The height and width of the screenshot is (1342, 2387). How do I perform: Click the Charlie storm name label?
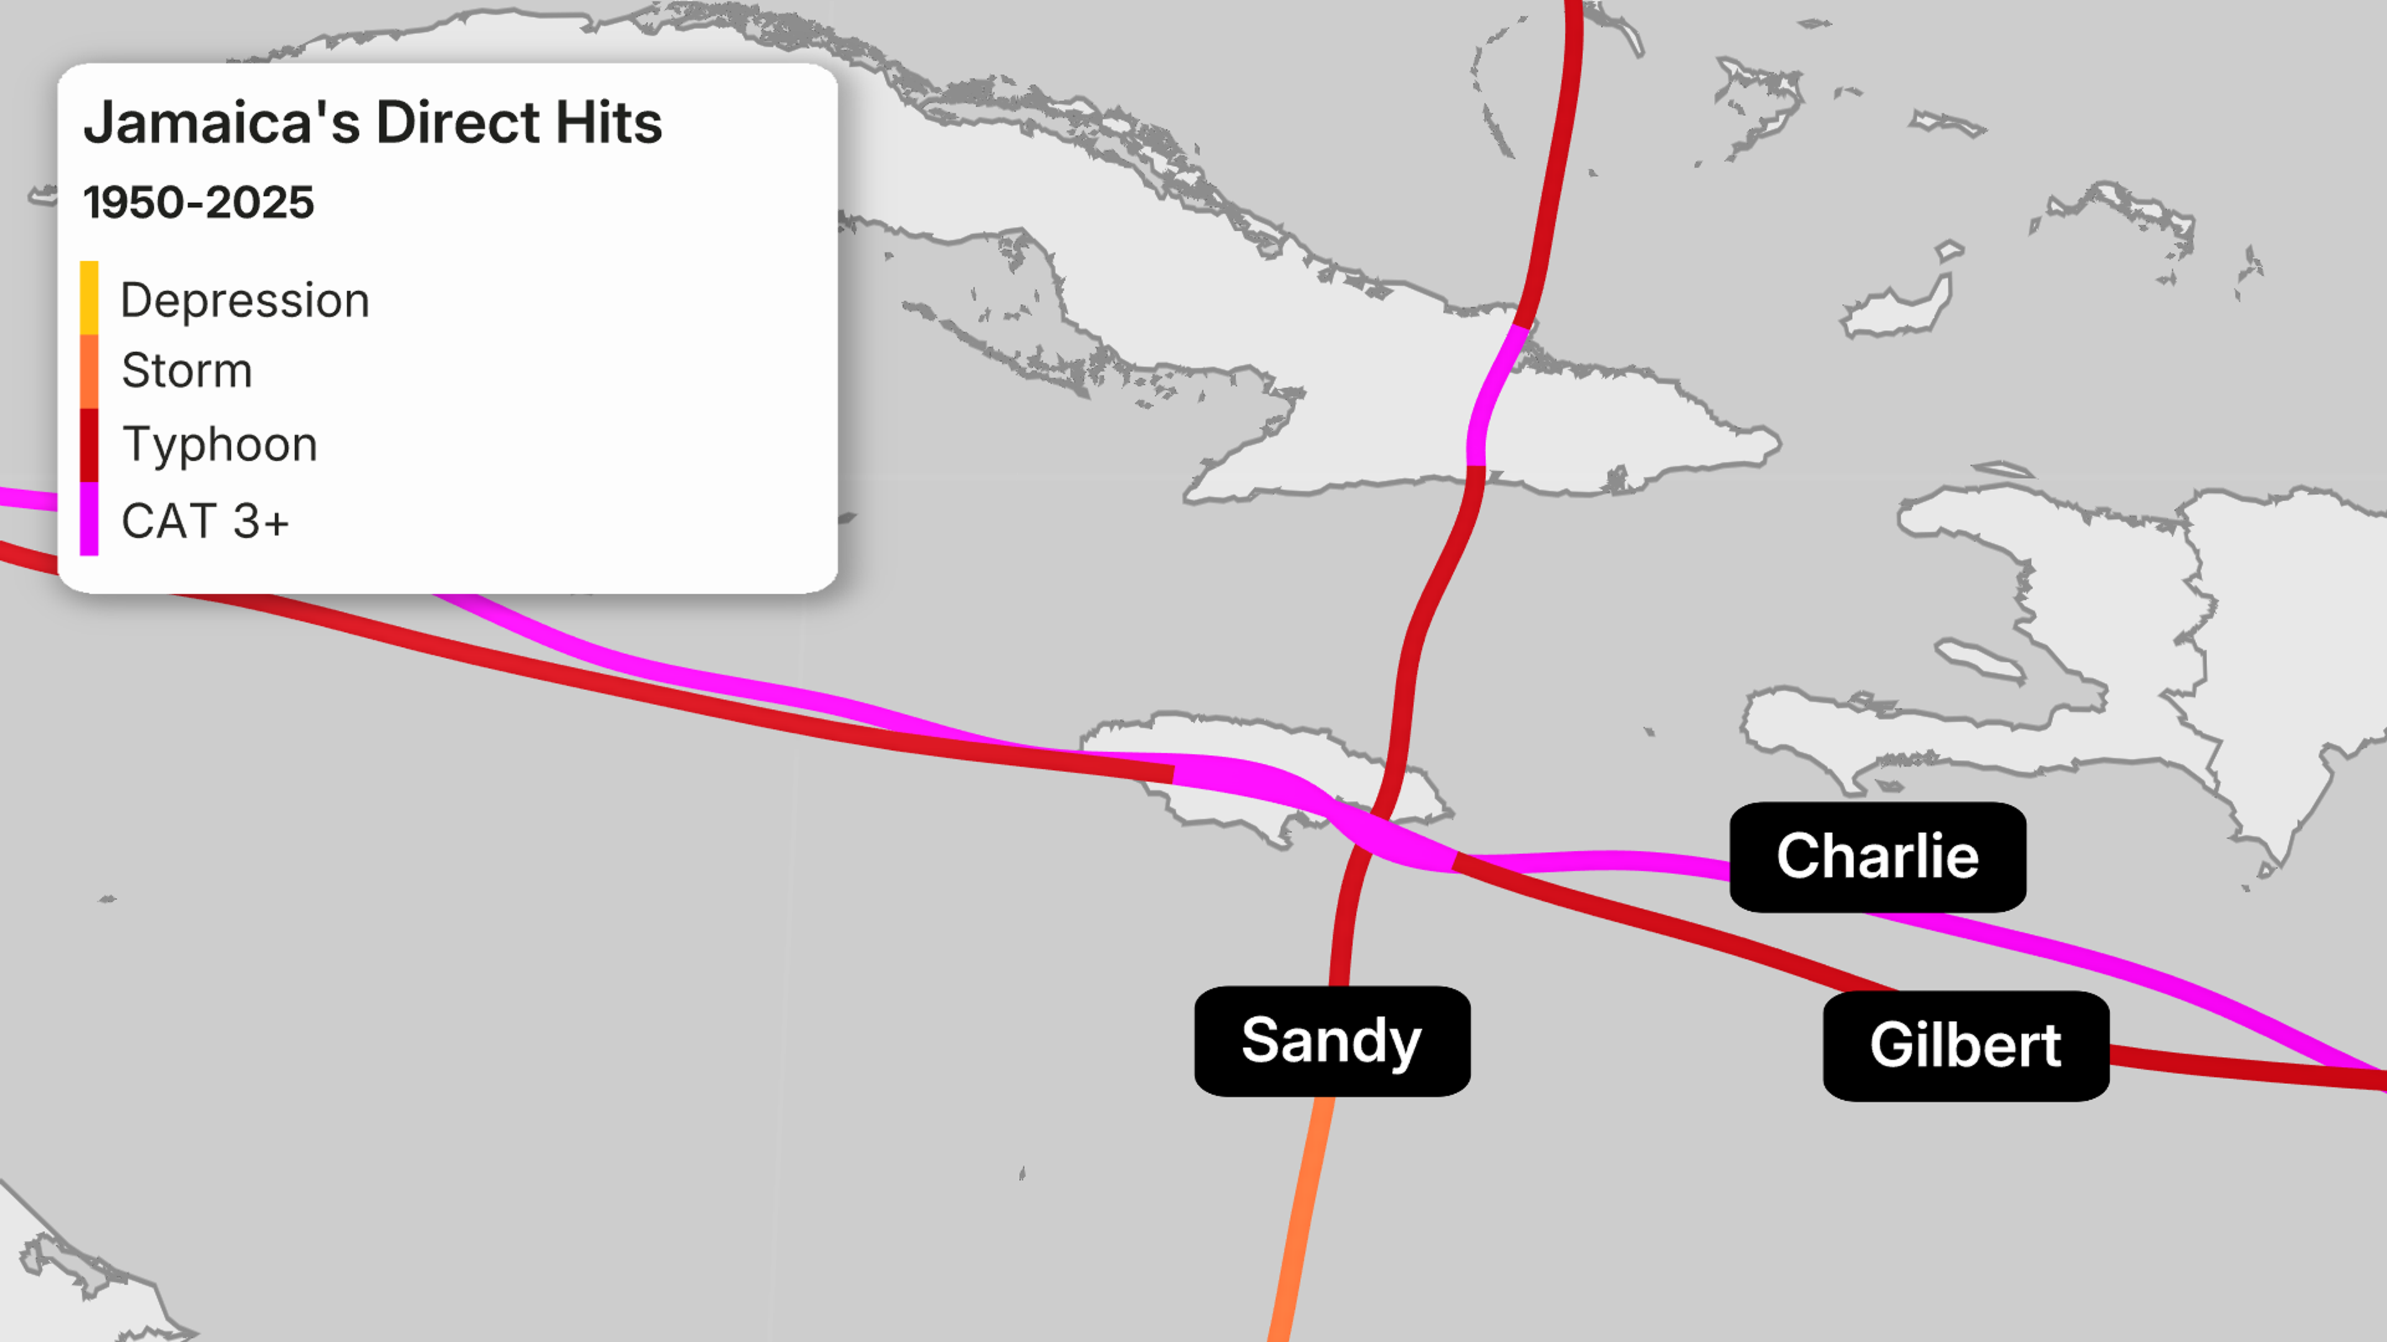tap(1877, 857)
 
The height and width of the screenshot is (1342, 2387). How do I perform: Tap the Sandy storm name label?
tap(1331, 1041)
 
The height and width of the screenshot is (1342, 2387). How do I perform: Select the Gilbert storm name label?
tap(1966, 1046)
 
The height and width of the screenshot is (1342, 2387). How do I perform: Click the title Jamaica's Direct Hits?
tap(372, 122)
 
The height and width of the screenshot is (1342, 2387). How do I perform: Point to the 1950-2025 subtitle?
tap(198, 203)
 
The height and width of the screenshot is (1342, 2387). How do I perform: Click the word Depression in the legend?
tap(245, 300)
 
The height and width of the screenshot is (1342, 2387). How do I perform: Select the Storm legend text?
tap(186, 370)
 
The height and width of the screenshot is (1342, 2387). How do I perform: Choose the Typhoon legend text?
tap(219, 445)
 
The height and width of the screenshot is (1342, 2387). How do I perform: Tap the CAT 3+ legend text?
tap(205, 521)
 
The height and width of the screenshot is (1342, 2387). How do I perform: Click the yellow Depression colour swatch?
tap(89, 298)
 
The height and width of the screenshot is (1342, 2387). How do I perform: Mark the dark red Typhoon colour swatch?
tap(89, 445)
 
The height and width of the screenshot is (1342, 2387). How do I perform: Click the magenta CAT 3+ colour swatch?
tap(89, 519)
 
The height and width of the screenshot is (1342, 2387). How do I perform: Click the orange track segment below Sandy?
tap(1299, 1223)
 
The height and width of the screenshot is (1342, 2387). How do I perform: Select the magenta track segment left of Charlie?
tap(1594, 861)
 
